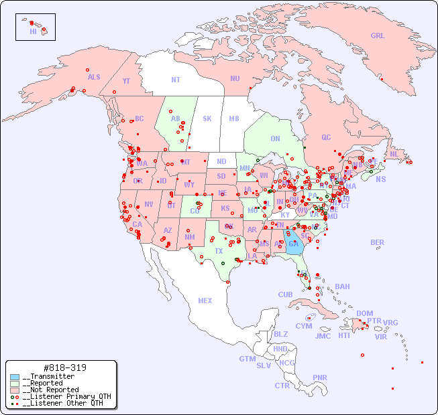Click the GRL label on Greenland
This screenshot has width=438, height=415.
click(x=378, y=36)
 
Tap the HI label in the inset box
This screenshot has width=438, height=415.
click(x=33, y=31)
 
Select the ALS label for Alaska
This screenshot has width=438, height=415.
click(x=94, y=77)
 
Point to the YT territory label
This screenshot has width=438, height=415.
click(x=126, y=81)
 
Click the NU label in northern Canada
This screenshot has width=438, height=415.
click(x=235, y=78)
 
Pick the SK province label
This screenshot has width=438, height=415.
click(x=207, y=118)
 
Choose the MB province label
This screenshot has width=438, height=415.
click(x=233, y=118)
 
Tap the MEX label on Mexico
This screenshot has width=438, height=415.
click(x=205, y=301)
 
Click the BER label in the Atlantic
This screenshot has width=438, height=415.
click(x=378, y=242)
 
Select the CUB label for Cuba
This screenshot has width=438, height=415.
click(x=285, y=295)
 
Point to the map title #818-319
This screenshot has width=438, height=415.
click(x=64, y=367)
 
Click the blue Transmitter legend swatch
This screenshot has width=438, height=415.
click(x=14, y=377)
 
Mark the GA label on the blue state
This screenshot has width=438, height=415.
click(x=293, y=244)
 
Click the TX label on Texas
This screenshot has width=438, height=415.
click(x=219, y=251)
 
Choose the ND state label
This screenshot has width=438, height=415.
click(x=221, y=161)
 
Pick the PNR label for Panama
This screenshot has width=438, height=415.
click(x=320, y=378)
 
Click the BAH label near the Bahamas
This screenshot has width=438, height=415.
click(x=342, y=286)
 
